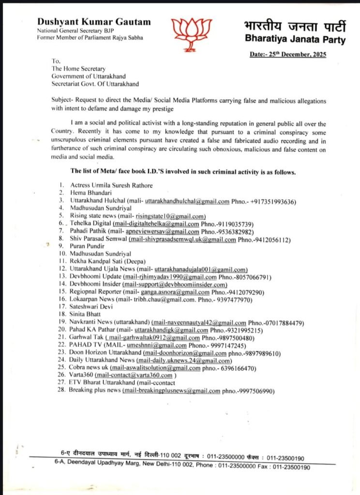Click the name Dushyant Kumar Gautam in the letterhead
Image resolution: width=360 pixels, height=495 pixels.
pyautogui.click(x=94, y=22)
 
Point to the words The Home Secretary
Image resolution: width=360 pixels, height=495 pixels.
pyautogui.click(x=78, y=69)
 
